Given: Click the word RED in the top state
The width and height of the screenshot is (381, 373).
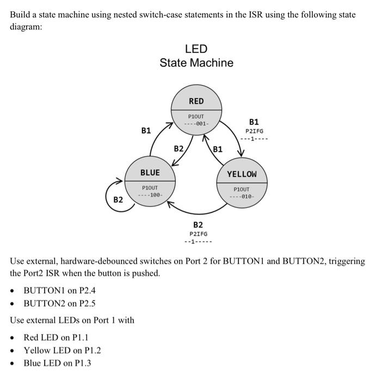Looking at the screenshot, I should point(196,101).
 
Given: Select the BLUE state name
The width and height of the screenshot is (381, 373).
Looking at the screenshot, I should point(150,173).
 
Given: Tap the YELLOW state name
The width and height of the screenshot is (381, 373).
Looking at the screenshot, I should point(241,174).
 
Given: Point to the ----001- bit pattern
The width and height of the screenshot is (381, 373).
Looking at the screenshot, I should point(196,124).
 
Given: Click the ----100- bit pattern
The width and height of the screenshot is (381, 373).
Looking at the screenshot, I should point(150,195).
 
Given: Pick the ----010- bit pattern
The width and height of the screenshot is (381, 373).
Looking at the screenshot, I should point(241,196).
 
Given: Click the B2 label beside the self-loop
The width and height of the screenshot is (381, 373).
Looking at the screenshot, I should point(118,200).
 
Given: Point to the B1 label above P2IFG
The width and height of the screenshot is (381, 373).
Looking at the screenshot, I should point(254,122).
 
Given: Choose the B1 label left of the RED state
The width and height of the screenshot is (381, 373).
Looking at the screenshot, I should point(146,130).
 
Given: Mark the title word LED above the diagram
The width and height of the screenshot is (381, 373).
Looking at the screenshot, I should point(196,49).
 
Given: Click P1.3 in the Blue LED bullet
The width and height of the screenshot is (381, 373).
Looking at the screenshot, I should point(82,363).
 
